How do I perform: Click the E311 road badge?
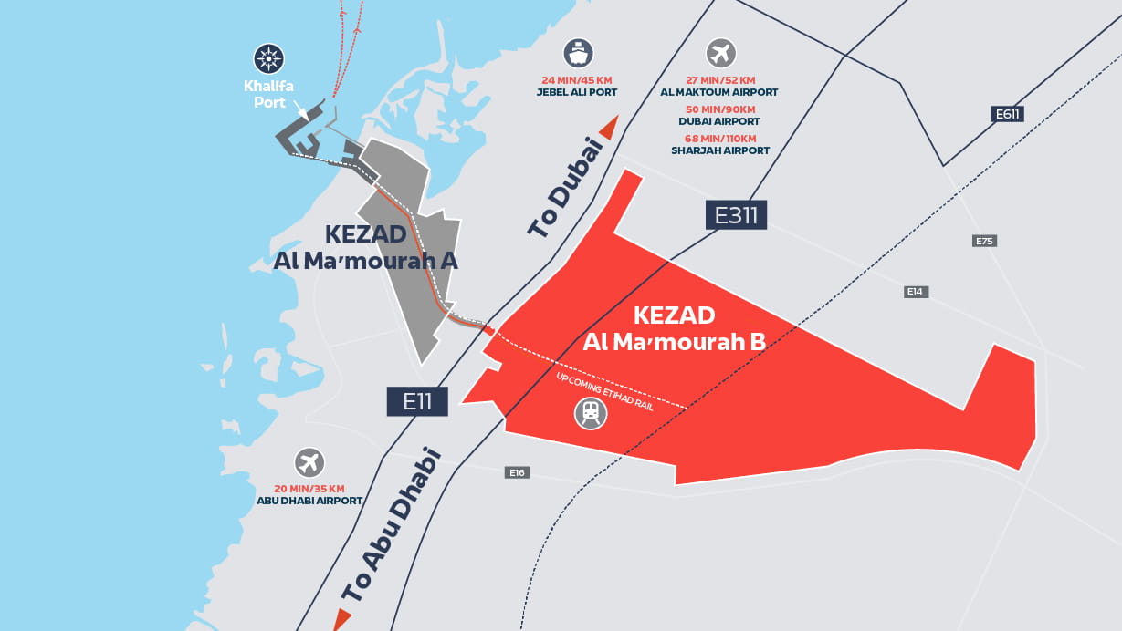pyautogui.click(x=736, y=215)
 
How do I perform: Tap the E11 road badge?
pyautogui.click(x=417, y=401)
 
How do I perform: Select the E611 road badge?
pyautogui.click(x=1007, y=114)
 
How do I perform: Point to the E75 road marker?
pyautogui.click(x=984, y=241)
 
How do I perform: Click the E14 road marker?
pyautogui.click(x=916, y=292)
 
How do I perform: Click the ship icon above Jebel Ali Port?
pyautogui.click(x=578, y=53)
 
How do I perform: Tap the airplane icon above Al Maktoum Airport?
pyautogui.click(x=720, y=53)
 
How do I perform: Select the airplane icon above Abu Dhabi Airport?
pyautogui.click(x=310, y=462)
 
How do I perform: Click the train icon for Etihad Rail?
pyautogui.click(x=591, y=414)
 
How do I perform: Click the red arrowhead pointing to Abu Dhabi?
pyautogui.click(x=341, y=619)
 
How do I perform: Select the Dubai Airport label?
pyautogui.click(x=719, y=121)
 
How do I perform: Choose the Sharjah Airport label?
pyautogui.click(x=720, y=150)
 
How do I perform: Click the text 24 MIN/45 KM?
pyautogui.click(x=578, y=79)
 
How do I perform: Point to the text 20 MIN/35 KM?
pyautogui.click(x=310, y=488)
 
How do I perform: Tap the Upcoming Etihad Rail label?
pyautogui.click(x=605, y=390)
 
